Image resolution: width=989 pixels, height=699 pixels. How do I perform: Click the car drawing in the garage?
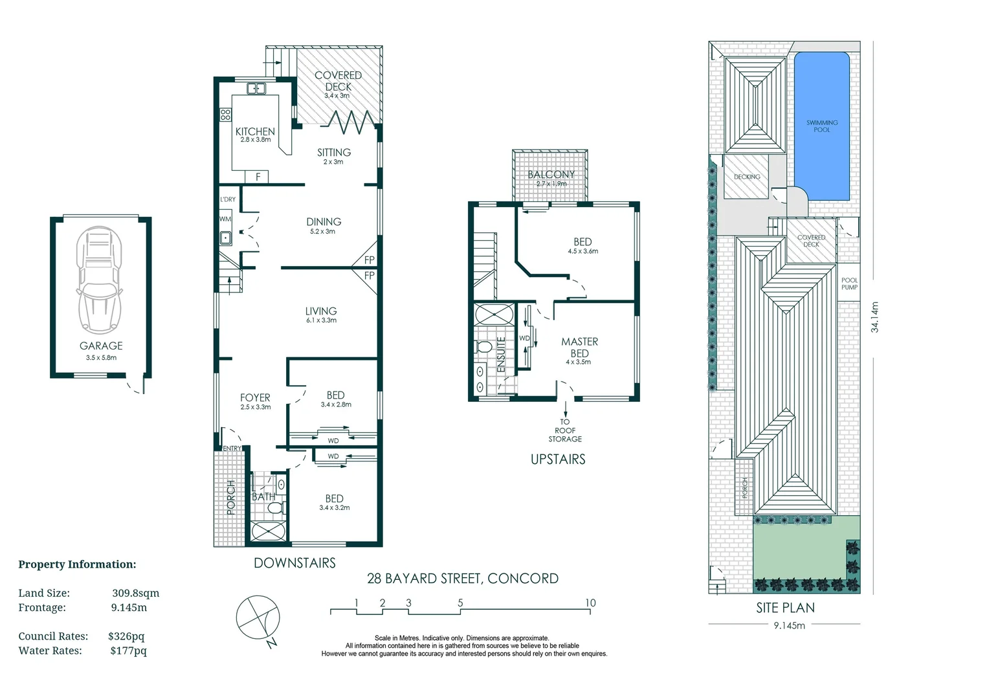coord(99,280)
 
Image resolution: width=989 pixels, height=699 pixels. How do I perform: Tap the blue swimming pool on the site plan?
coord(821,126)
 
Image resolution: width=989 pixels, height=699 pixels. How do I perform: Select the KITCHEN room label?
coord(255,131)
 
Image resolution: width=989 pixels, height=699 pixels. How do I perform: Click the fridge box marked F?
coord(258,177)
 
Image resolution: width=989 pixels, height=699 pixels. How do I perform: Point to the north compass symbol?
coord(258,617)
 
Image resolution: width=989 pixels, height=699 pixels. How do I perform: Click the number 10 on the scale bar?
coord(590,603)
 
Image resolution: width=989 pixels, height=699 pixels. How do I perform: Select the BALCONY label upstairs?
coord(551,175)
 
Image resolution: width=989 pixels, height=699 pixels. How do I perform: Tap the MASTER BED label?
coord(579,348)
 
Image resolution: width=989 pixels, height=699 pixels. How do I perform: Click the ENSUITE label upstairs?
coord(501,353)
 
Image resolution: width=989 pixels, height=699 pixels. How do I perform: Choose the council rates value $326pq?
coord(126,636)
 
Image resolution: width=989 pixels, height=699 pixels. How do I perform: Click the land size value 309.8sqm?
coord(135,593)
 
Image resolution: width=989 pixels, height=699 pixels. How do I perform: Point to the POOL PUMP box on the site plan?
coord(849,283)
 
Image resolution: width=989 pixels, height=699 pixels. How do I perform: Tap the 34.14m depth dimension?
coord(874,317)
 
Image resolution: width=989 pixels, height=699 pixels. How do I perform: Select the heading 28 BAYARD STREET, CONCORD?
coord(462,579)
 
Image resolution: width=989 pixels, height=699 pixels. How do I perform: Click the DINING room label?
coord(324,222)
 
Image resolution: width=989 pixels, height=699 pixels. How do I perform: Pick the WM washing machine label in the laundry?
coord(225,219)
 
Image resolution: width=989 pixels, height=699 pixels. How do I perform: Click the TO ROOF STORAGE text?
coord(565,430)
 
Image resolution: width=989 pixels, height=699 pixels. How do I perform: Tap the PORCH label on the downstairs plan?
coord(231,497)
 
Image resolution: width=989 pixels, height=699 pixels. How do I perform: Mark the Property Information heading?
coord(77,564)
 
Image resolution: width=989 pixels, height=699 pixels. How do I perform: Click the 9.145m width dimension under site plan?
coord(789,625)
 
